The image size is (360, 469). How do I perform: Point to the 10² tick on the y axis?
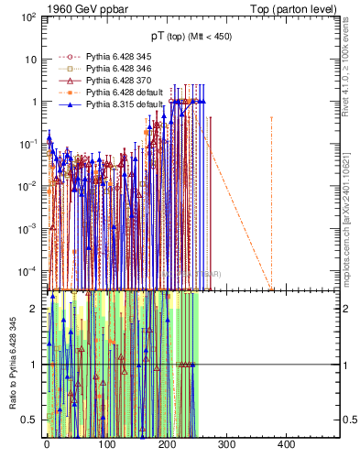tap(27, 17)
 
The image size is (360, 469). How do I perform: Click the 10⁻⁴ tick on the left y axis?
tap(27, 270)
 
